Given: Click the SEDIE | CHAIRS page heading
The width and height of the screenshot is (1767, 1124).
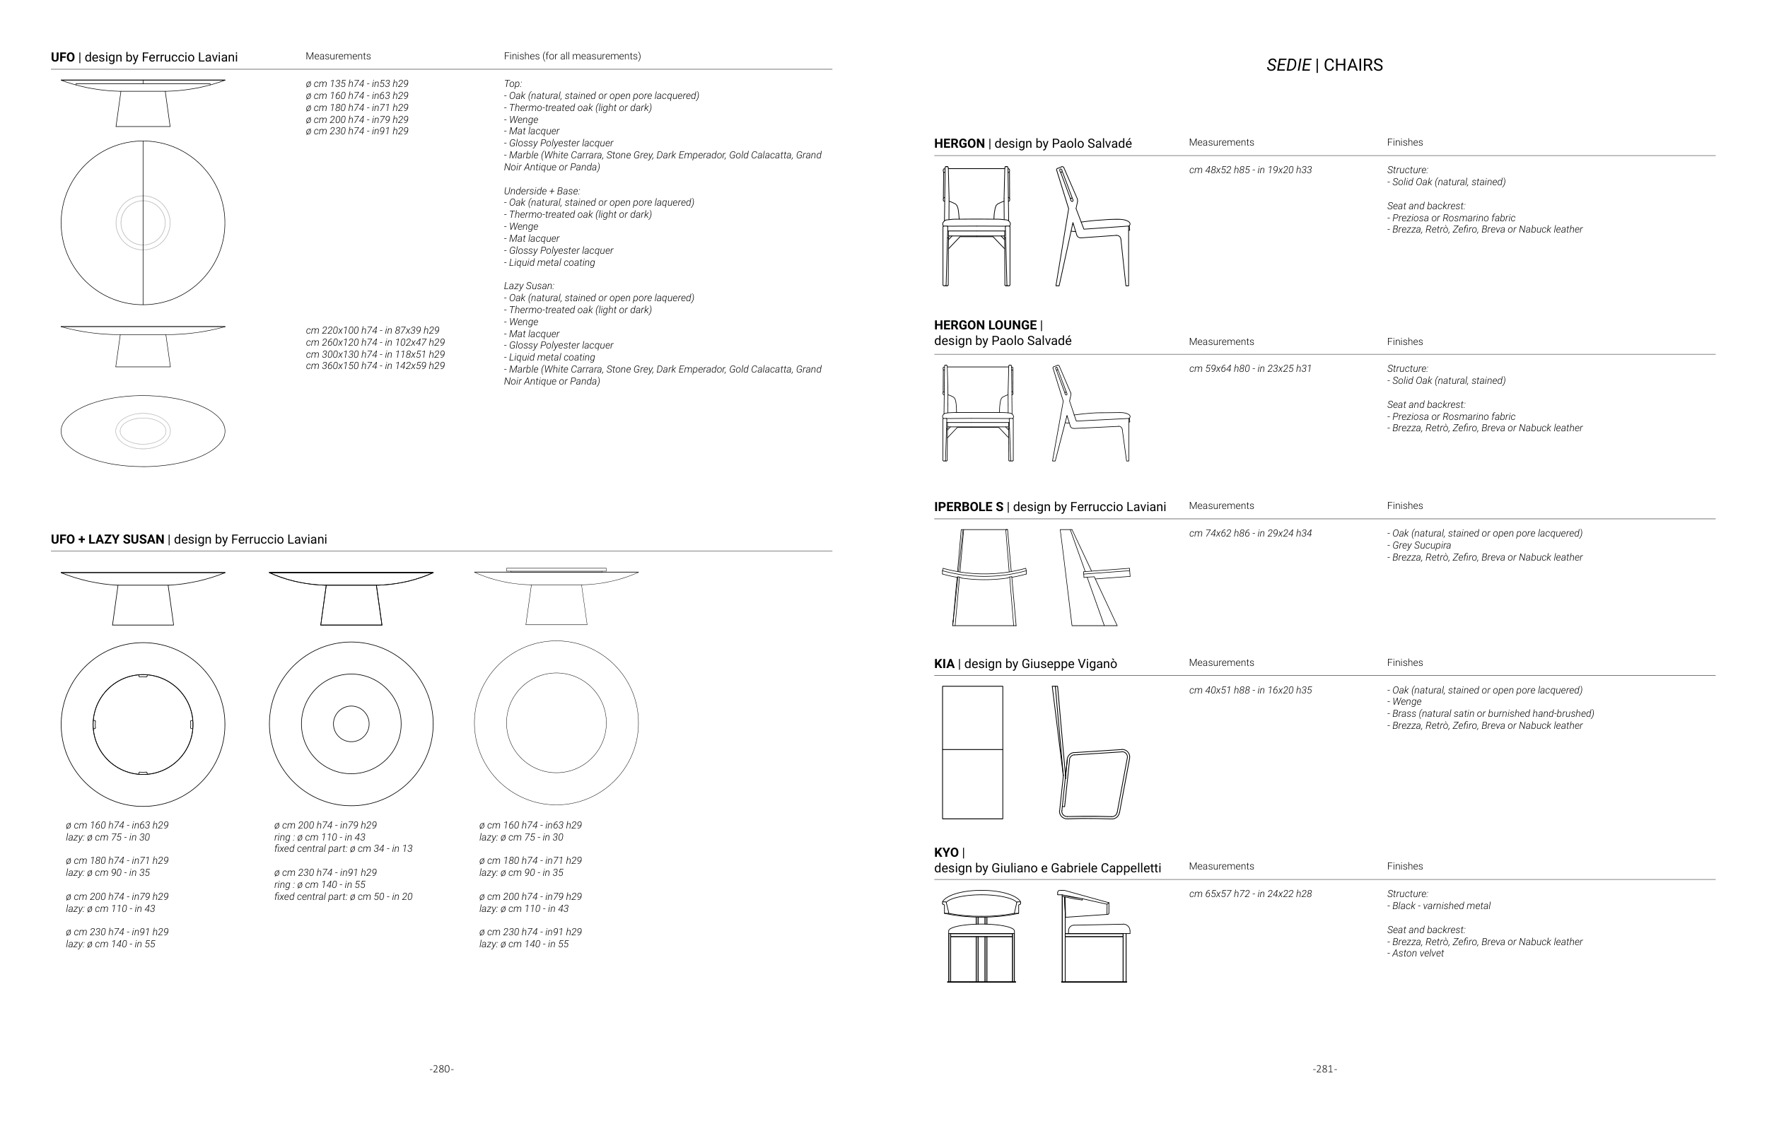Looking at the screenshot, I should tap(1324, 65).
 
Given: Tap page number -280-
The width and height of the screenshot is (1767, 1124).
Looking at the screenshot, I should tap(441, 1069).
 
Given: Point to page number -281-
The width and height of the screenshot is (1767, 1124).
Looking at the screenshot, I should tap(1324, 1069).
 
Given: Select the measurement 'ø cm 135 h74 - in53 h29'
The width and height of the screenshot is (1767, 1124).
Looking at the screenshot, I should tap(356, 83).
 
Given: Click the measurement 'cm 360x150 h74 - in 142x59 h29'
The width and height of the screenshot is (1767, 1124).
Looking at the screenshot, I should tap(375, 365).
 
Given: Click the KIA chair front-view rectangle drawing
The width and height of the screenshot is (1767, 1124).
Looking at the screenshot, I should tap(972, 752).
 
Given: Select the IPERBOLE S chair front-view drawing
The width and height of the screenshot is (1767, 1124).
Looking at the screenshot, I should tap(984, 578).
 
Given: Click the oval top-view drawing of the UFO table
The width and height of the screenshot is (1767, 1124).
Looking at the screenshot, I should tap(143, 431).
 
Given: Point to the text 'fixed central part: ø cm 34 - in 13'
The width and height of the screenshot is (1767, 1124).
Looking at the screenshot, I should tap(343, 849).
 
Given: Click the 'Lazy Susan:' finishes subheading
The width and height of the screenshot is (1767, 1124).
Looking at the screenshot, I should tap(528, 286).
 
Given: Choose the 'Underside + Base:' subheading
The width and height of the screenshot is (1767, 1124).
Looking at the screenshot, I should tap(542, 191).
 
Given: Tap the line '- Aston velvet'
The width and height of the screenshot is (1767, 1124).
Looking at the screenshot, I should tap(1415, 953).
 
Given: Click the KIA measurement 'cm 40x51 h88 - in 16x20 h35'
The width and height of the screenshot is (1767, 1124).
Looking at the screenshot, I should tap(1250, 690).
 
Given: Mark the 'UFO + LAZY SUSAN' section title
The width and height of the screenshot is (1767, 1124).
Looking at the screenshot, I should tap(107, 539).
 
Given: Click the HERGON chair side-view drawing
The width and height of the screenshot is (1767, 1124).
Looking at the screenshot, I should tap(1092, 226).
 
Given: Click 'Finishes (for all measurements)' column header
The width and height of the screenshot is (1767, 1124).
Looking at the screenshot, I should tap(571, 57).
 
